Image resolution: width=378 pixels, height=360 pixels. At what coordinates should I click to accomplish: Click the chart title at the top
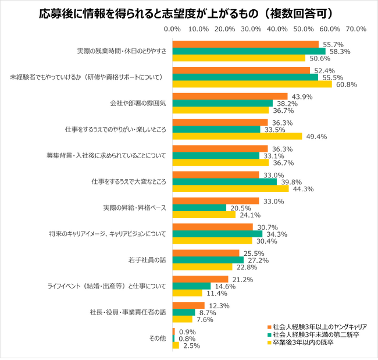pyautogui.click(x=189, y=12)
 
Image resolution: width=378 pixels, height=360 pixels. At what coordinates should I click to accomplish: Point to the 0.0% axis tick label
pyautogui.click(x=172, y=29)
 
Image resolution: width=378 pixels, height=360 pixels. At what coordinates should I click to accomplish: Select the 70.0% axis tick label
pyautogui.click(x=356, y=29)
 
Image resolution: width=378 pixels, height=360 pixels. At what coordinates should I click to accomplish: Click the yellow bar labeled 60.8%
pyautogui.click(x=252, y=84)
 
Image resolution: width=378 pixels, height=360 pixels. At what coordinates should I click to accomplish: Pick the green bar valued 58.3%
pyautogui.click(x=248, y=51)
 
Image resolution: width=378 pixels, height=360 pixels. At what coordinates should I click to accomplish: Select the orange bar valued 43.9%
pyautogui.click(x=230, y=97)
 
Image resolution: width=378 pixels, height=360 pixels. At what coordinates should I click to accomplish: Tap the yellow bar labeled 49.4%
pyautogui.click(x=237, y=137)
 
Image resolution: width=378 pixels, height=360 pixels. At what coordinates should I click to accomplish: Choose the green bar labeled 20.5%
pyautogui.click(x=199, y=208)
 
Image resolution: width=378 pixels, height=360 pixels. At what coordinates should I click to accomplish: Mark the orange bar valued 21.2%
pyautogui.click(x=200, y=279)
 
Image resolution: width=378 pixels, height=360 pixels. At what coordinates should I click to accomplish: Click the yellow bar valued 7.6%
pyautogui.click(x=182, y=319)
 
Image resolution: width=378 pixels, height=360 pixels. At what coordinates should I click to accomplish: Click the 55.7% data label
pyautogui.click(x=331, y=44)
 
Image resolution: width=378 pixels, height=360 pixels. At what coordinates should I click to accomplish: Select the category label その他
pyautogui.click(x=158, y=338)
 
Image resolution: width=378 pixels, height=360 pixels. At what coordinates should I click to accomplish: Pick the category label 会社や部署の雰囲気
pyautogui.click(x=138, y=103)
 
